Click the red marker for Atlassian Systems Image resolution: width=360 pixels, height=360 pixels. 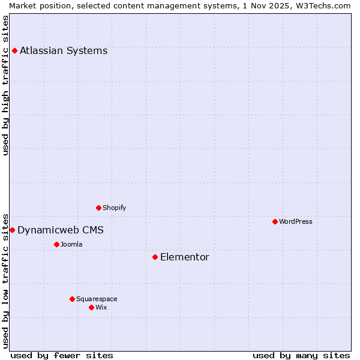pyautogui.click(x=14, y=50)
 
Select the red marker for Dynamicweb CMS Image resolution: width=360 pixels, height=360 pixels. pyautogui.click(x=12, y=230)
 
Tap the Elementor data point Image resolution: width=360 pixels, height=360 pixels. pyautogui.click(x=155, y=257)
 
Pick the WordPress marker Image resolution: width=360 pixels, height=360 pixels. pyautogui.click(x=275, y=221)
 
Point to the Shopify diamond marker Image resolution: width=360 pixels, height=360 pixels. pyautogui.click(x=98, y=208)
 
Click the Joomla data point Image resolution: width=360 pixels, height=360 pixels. pyautogui.click(x=56, y=244)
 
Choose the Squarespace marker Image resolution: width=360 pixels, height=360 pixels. pyautogui.click(x=72, y=299)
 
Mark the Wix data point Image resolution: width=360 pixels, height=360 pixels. pyautogui.click(x=91, y=307)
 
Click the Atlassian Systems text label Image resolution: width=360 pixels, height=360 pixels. pyautogui.click(x=64, y=50)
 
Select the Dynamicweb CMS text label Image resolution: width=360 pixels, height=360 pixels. pyautogui.click(x=61, y=230)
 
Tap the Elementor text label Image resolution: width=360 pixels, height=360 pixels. pyautogui.click(x=185, y=257)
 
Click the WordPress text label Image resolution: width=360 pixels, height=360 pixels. pyautogui.click(x=296, y=221)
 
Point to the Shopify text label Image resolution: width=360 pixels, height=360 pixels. pyautogui.click(x=115, y=208)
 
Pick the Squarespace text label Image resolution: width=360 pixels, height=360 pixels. pyautogui.click(x=97, y=299)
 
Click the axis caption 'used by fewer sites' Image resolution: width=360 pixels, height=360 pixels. pyautogui.click(x=62, y=355)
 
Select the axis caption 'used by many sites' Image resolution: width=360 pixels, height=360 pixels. pyautogui.click(x=301, y=355)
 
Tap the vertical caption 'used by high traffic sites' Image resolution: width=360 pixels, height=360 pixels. pyautogui.click(x=5, y=85)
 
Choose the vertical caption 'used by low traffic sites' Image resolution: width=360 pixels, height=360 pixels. pyautogui.click(x=5, y=280)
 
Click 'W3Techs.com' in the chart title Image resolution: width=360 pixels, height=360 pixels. pyautogui.click(x=325, y=5)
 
